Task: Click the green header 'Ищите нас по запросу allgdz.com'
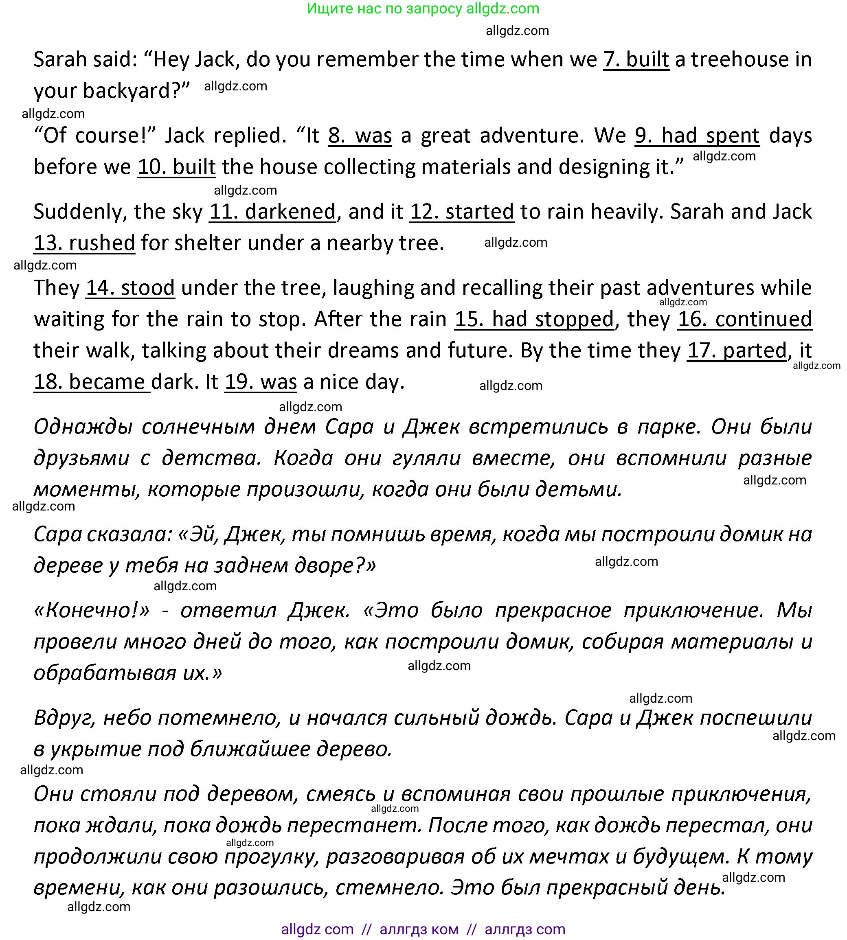coord(423,9)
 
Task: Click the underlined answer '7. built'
coord(636,59)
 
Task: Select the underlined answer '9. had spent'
coord(697,136)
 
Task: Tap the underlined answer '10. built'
coord(176,167)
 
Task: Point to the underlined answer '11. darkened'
coord(272,212)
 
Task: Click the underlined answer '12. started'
coord(462,212)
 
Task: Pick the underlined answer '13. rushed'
coord(84,243)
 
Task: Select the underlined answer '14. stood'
coord(130,287)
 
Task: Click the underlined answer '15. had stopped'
coord(534,319)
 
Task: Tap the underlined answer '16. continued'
coord(745,319)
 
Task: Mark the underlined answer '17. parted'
coord(737,351)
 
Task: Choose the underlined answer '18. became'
coord(92,381)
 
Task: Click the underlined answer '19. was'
coord(261,381)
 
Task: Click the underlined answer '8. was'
coord(360,136)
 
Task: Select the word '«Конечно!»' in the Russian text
coord(92,610)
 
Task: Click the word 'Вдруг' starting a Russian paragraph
coord(65,718)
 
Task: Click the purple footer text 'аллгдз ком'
coord(419,929)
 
